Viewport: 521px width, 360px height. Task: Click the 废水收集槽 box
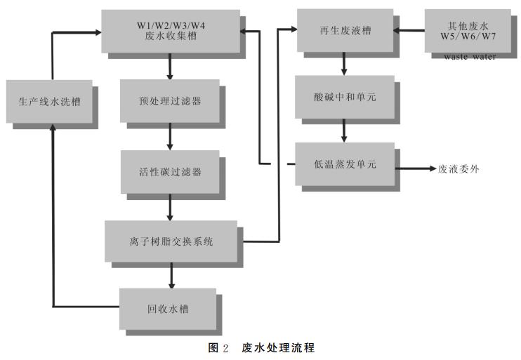click(x=170, y=31)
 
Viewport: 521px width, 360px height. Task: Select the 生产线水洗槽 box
click(x=48, y=101)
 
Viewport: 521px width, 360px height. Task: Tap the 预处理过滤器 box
click(x=170, y=100)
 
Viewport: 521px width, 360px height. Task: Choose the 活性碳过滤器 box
click(x=170, y=171)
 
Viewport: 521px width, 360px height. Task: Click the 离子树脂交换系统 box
click(x=170, y=241)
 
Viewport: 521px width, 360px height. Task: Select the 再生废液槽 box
click(x=344, y=30)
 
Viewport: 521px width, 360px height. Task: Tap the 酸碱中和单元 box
click(x=344, y=97)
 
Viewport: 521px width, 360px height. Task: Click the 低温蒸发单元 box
click(x=344, y=164)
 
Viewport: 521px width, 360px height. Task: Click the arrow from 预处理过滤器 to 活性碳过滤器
click(x=170, y=137)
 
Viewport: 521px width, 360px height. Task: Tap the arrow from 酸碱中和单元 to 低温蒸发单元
click(x=344, y=131)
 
